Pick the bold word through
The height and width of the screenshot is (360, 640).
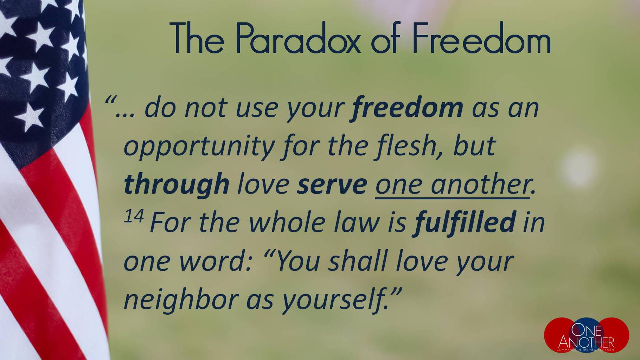[177, 185]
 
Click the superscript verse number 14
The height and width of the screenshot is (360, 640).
[134, 217]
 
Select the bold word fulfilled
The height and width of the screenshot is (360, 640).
[465, 222]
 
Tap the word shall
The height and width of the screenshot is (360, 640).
[358, 261]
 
